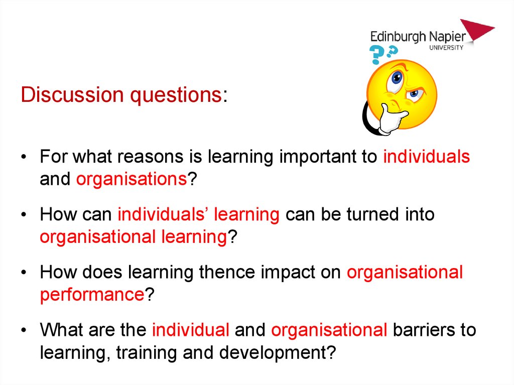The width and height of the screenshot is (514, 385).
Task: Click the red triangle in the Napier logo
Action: (x=477, y=30)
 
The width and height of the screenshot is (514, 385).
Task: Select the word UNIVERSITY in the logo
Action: (x=446, y=48)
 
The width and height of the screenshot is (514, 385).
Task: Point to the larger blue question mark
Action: (x=376, y=54)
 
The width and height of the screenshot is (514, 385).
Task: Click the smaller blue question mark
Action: (x=393, y=51)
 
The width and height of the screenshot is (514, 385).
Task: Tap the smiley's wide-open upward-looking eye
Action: (x=396, y=79)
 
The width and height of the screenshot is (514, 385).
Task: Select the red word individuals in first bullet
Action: (x=427, y=157)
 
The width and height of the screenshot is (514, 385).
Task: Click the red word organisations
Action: (x=132, y=180)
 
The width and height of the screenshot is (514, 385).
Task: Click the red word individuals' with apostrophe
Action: (x=163, y=214)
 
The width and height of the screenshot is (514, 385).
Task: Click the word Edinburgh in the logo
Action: (x=398, y=37)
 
